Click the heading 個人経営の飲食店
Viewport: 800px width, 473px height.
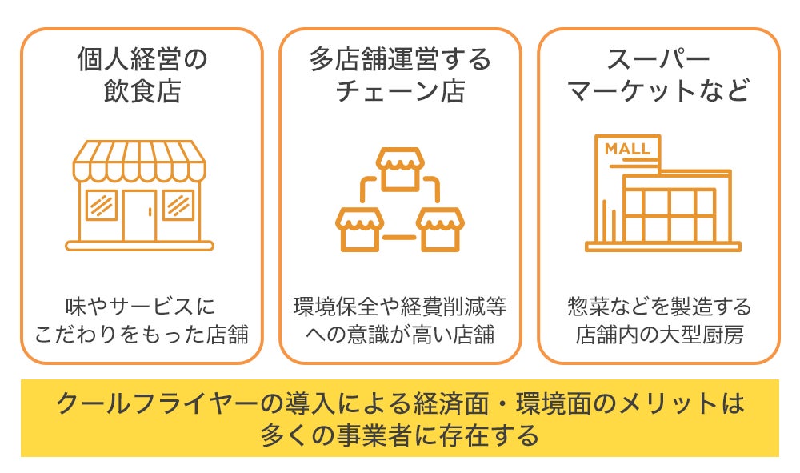click(x=142, y=75)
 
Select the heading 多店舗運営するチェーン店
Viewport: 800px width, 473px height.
click(x=400, y=75)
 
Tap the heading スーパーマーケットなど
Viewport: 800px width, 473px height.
click(x=658, y=75)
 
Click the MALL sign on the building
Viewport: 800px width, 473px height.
click(x=627, y=150)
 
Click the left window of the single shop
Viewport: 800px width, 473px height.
click(x=102, y=205)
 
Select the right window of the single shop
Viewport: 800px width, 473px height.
click(x=178, y=205)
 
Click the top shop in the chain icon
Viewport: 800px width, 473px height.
click(x=399, y=169)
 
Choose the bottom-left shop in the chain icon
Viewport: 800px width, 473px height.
click(x=359, y=229)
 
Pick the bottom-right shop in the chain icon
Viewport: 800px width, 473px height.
click(x=440, y=229)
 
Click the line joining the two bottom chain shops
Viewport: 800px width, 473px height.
click(x=399, y=237)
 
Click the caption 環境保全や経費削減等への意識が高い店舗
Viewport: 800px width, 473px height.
click(x=400, y=320)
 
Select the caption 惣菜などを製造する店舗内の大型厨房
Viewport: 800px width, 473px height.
click(x=658, y=320)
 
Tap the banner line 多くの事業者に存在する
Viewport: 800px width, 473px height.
click(x=399, y=435)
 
